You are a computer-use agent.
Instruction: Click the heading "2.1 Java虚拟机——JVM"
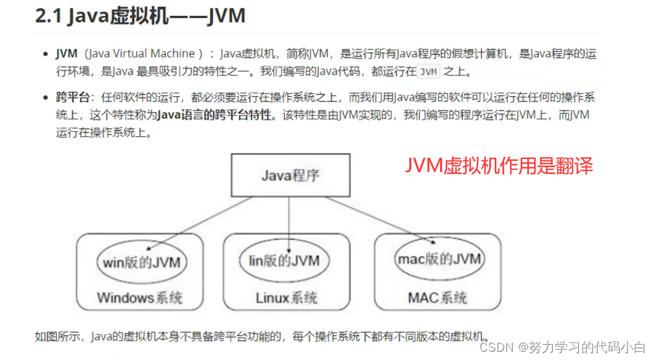coord(140,16)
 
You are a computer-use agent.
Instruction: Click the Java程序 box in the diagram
coord(290,174)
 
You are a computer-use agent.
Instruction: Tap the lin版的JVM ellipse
coord(284,260)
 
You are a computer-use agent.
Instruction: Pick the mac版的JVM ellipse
coord(439,259)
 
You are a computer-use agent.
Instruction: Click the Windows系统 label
coord(140,299)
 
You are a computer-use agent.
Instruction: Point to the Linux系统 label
coord(286,299)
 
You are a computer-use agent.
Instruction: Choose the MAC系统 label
coord(437,299)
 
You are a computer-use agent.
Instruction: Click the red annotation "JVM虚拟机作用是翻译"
coord(499,166)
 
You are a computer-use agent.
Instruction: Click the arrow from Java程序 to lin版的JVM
coord(286,225)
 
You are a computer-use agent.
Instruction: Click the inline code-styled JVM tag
coord(429,71)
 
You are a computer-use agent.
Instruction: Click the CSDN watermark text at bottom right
coord(562,345)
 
